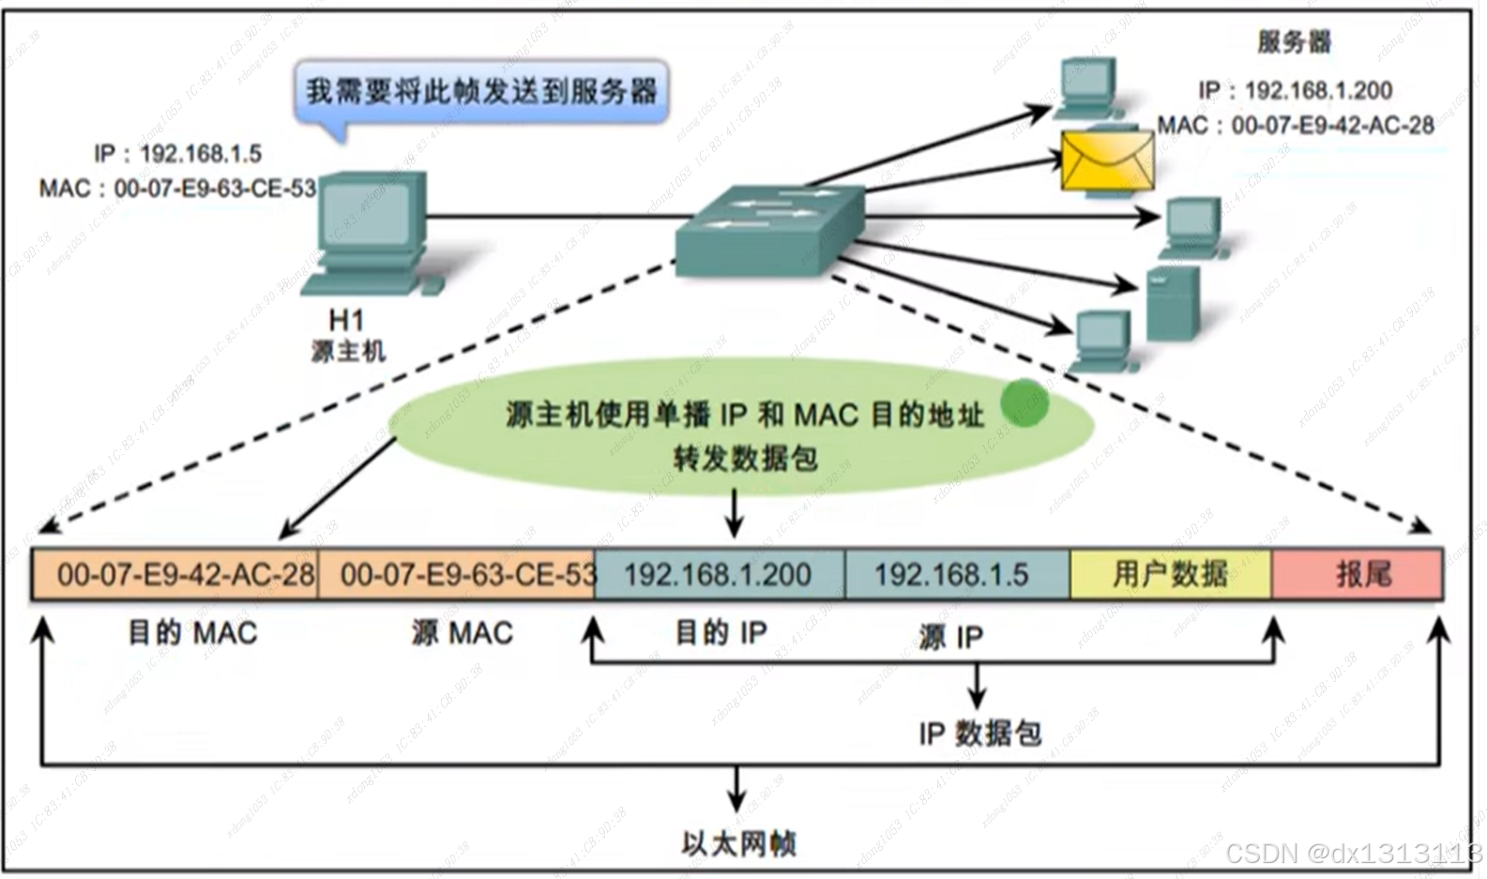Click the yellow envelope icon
pos(1107,161)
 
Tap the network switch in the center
pos(768,229)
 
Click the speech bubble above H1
pos(481,92)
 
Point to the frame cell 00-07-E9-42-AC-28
pos(175,574)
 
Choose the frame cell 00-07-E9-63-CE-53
pos(457,574)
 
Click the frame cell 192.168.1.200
pos(719,574)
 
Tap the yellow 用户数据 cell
pos(1170,574)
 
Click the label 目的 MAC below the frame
pos(192,633)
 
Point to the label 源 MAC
pos(463,633)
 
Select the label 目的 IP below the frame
pos(721,633)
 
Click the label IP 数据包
pos(980,733)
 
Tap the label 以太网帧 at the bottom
pos(738,843)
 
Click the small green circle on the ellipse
pos(1024,403)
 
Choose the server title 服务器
pos(1294,42)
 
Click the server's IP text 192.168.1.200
pos(1296,90)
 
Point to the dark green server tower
pos(1173,303)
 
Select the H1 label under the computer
pos(346,320)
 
